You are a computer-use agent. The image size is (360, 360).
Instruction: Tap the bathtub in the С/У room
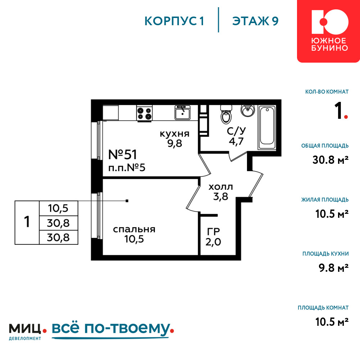tap(267, 127)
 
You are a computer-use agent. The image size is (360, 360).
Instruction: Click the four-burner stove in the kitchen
tap(144, 113)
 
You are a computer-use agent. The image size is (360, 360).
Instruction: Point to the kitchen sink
tap(183, 112)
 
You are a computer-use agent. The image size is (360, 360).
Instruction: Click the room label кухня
tap(175, 134)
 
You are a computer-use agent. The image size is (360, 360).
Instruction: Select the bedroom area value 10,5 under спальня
tap(134, 239)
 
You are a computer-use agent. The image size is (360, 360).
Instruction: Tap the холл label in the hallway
tap(221, 187)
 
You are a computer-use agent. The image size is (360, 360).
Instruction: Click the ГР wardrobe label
tap(213, 231)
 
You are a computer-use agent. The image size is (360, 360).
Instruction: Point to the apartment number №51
tap(122, 154)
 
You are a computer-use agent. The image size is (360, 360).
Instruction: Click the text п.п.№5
tap(127, 168)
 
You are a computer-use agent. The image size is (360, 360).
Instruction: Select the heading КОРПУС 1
tap(174, 21)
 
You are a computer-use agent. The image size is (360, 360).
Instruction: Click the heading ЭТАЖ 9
tap(255, 21)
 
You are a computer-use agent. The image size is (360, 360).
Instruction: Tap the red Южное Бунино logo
tap(329, 31)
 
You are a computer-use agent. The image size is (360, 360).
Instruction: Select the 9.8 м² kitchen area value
tap(334, 268)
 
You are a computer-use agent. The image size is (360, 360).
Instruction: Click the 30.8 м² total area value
tap(330, 159)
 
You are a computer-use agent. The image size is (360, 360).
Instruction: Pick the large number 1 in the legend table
tap(27, 222)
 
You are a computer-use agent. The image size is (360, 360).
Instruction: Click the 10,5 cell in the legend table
tap(58, 208)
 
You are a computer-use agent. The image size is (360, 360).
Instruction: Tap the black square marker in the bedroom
tap(127, 201)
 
